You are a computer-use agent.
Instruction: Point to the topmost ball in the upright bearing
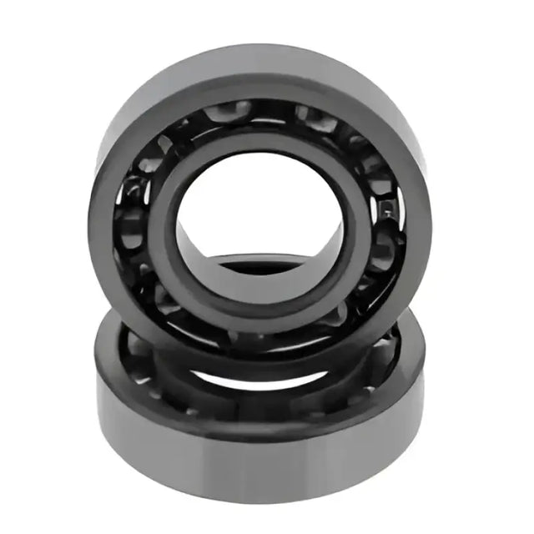(250, 113)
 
